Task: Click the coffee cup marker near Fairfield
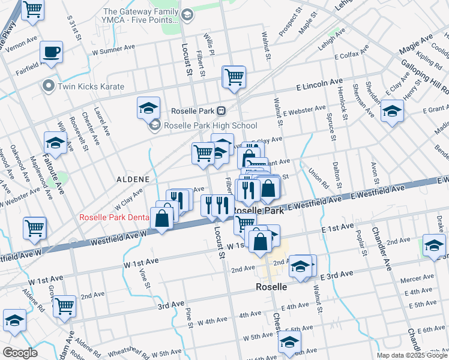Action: click(52, 52)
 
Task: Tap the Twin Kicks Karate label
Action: click(90, 86)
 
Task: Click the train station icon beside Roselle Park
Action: click(221, 110)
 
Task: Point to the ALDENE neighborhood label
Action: click(130, 179)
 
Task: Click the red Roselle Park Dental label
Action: click(113, 217)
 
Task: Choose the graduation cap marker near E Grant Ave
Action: click(392, 111)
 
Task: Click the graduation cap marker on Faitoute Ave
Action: click(55, 143)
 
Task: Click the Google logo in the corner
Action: click(19, 352)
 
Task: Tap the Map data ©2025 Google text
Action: click(411, 355)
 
